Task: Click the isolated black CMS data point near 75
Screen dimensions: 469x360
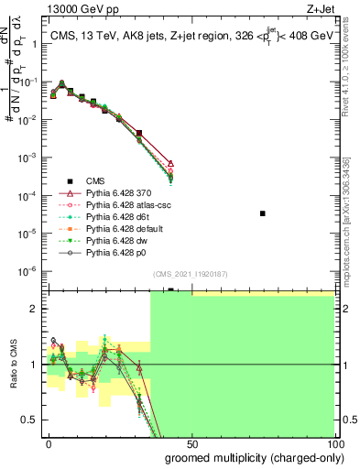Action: tap(263, 213)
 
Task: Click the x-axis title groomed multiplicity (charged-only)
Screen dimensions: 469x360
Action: tap(242, 457)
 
